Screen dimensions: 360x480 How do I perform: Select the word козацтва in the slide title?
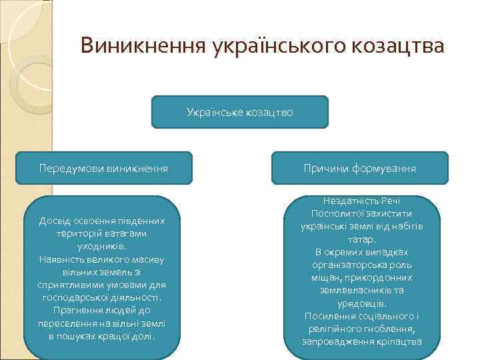point(399,46)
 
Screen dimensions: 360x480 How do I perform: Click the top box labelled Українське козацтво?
point(240,113)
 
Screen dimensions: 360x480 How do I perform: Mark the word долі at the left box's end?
point(143,335)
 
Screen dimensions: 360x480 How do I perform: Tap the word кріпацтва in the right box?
point(398,341)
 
